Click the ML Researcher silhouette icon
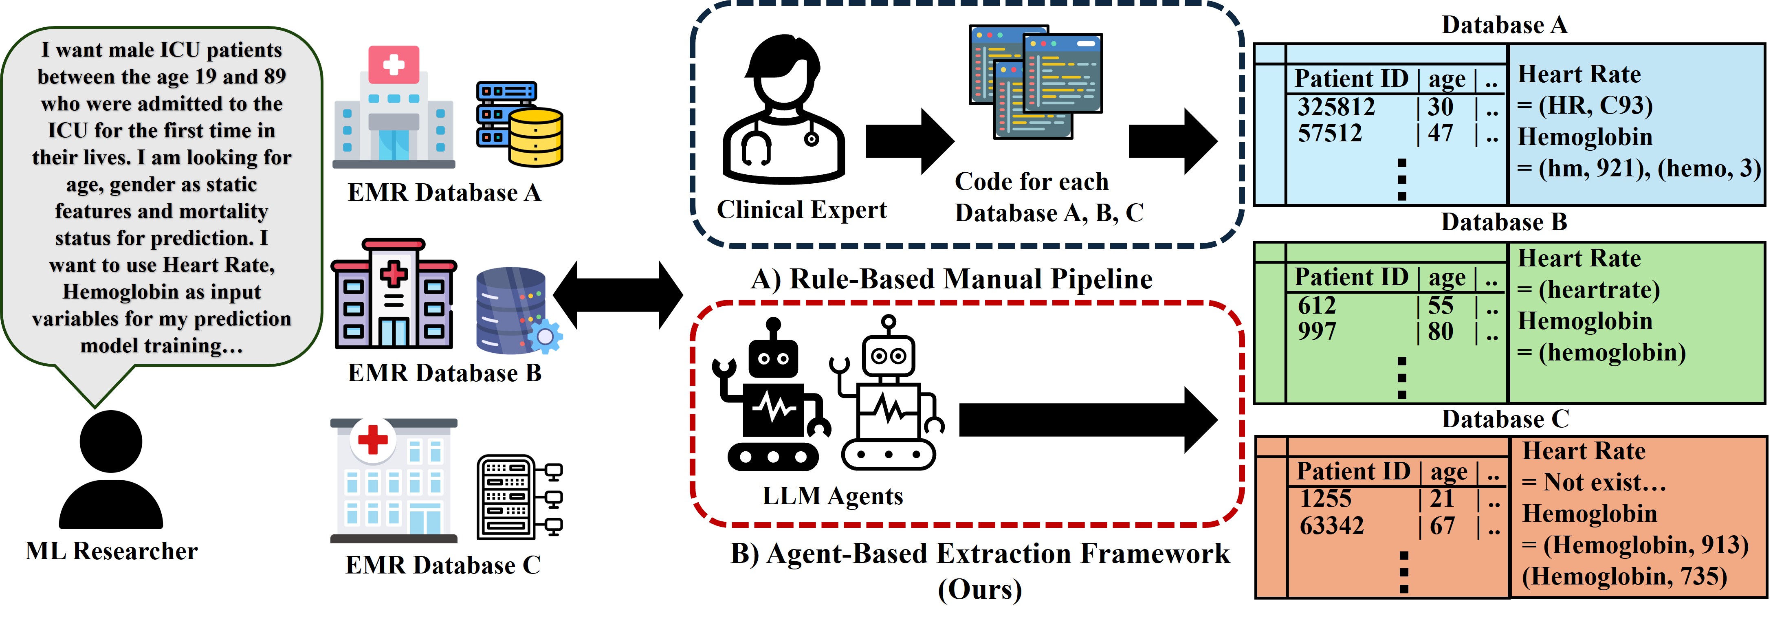(x=111, y=470)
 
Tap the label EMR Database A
(x=444, y=193)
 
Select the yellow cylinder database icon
(x=536, y=137)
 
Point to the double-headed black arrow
(x=618, y=295)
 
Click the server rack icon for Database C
(x=519, y=497)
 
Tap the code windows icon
(x=1035, y=82)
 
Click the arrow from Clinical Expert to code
(x=909, y=141)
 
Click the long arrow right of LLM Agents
(x=1088, y=420)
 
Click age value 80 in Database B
(x=1441, y=332)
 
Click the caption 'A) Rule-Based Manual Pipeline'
(x=952, y=279)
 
